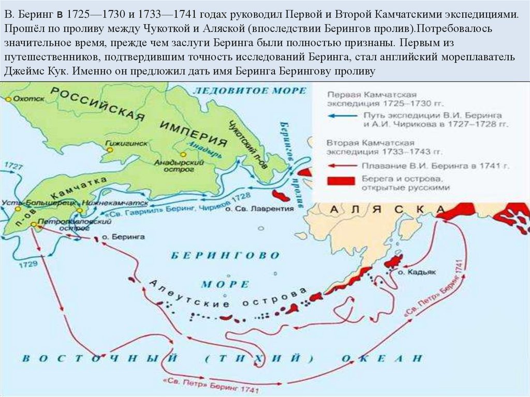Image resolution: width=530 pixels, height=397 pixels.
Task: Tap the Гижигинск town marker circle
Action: click(110, 149)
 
